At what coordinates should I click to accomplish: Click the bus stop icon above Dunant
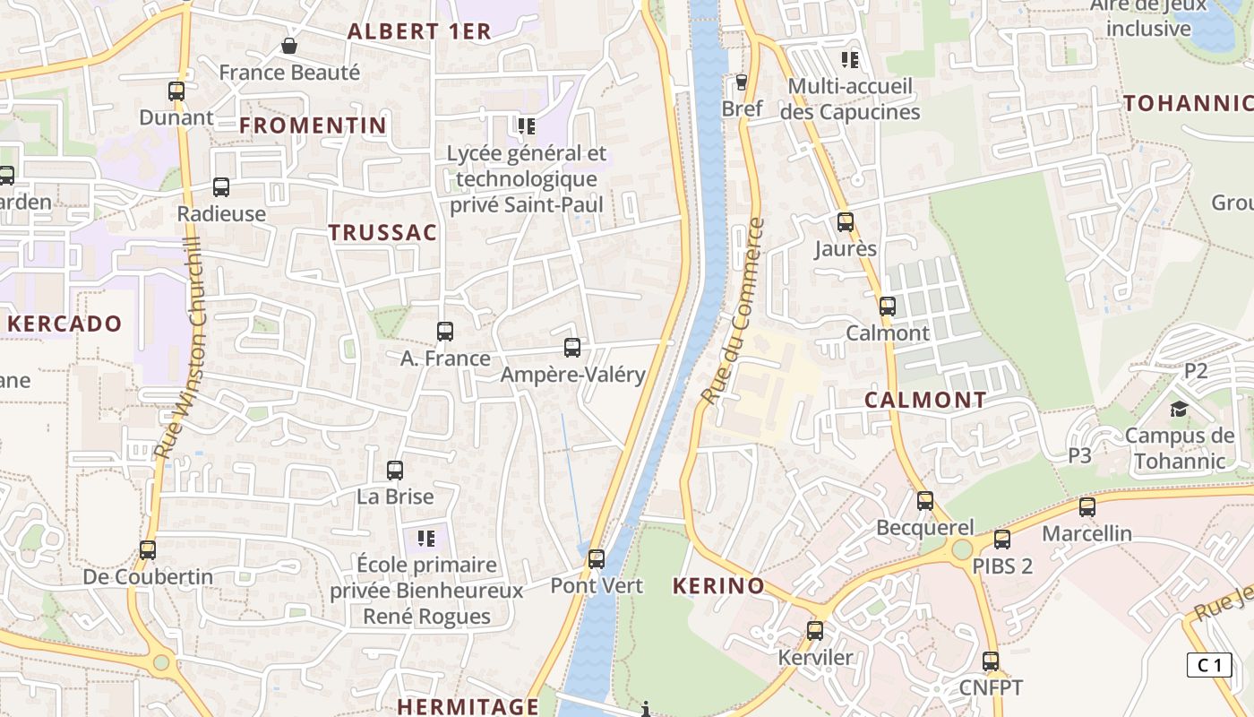point(176,91)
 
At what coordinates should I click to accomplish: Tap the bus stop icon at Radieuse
point(221,186)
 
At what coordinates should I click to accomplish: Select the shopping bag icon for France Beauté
point(289,45)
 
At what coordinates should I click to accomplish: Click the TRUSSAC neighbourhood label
point(382,233)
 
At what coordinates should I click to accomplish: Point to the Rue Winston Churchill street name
point(180,350)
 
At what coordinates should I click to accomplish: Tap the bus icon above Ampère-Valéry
point(572,347)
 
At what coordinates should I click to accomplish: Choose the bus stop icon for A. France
point(445,331)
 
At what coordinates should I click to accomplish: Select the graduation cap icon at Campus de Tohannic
point(1178,410)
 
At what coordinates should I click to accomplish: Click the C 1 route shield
point(1209,665)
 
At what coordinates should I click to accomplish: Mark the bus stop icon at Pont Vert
point(597,559)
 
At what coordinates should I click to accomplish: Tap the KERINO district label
point(718,587)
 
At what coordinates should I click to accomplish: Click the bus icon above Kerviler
point(815,630)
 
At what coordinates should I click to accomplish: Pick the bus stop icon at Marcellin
point(1087,506)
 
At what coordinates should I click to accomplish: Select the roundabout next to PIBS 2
point(962,549)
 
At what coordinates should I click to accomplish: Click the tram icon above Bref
point(742,82)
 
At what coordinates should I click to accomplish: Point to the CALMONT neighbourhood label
point(925,401)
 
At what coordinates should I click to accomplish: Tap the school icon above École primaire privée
point(426,538)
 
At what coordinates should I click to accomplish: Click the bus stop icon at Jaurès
point(846,221)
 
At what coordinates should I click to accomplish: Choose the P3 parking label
point(1080,455)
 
